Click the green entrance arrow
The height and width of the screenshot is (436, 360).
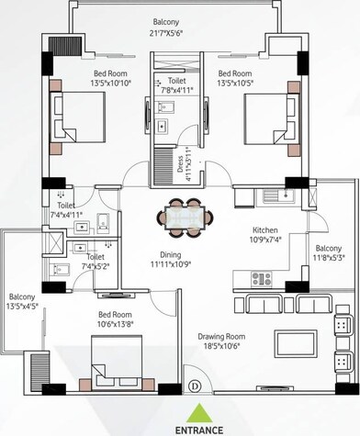[x=198, y=409]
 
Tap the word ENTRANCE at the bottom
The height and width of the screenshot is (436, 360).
[x=198, y=428]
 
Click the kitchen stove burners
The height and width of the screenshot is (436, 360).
[x=261, y=279]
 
